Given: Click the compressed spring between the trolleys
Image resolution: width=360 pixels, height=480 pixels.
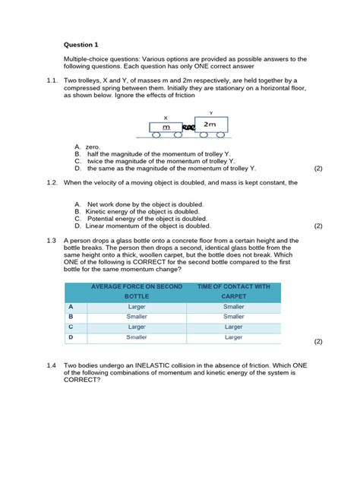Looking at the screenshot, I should coord(188,128).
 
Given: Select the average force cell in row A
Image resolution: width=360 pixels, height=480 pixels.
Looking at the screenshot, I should coord(137,306).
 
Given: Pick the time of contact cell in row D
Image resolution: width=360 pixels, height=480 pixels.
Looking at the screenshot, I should coord(234,336).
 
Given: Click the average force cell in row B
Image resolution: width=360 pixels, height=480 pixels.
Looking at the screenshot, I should coord(137,316).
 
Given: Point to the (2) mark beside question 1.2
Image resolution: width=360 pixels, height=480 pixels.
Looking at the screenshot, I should coord(318,226).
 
